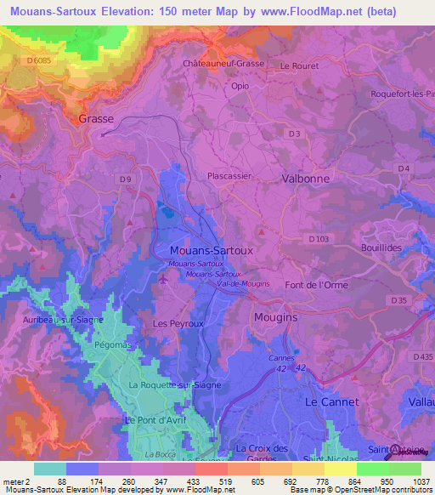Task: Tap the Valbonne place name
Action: coord(305,179)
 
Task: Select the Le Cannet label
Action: coord(331,401)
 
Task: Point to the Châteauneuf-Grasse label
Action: coord(224,64)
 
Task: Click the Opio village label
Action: coord(240,86)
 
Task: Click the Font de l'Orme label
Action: coord(316,285)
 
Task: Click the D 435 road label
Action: coord(421,356)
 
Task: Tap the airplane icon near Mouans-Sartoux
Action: coord(164,278)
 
